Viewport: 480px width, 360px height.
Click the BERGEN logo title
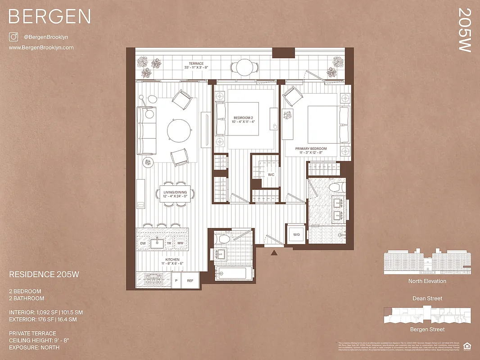click(50, 17)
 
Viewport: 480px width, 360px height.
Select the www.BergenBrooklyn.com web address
click(41, 47)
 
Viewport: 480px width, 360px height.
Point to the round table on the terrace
click(245, 67)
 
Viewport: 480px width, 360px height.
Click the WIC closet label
click(271, 174)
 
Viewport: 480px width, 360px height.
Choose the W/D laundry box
click(297, 234)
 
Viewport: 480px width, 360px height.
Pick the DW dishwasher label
click(143, 243)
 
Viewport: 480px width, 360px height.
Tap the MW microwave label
click(180, 243)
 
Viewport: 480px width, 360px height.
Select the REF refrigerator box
click(190, 281)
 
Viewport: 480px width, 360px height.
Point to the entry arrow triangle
click(274, 253)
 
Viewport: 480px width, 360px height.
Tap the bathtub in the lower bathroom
click(231, 274)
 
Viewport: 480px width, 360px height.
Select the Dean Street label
click(427, 298)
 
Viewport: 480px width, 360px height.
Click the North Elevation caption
click(427, 281)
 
